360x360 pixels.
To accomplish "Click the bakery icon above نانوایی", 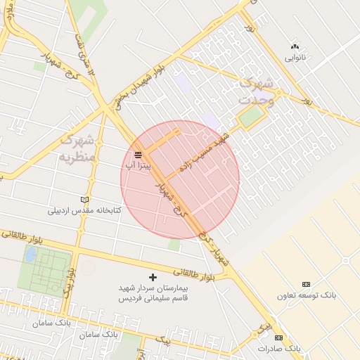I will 294,46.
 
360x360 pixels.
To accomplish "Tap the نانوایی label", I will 294,58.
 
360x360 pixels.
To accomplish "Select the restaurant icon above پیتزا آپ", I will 138,152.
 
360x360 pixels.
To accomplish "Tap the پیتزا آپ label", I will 138,164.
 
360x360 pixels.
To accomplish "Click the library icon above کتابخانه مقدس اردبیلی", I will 85,200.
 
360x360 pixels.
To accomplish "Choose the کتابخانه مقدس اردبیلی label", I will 84,210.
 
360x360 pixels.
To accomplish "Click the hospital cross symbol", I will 153,277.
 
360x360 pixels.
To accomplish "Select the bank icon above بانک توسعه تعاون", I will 306,284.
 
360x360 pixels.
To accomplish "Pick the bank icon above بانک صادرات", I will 278,337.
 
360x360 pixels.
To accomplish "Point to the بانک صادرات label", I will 278,348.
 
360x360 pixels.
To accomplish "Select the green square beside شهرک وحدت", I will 248,118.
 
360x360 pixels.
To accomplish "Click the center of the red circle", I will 180,179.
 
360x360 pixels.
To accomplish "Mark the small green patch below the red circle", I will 174,245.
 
